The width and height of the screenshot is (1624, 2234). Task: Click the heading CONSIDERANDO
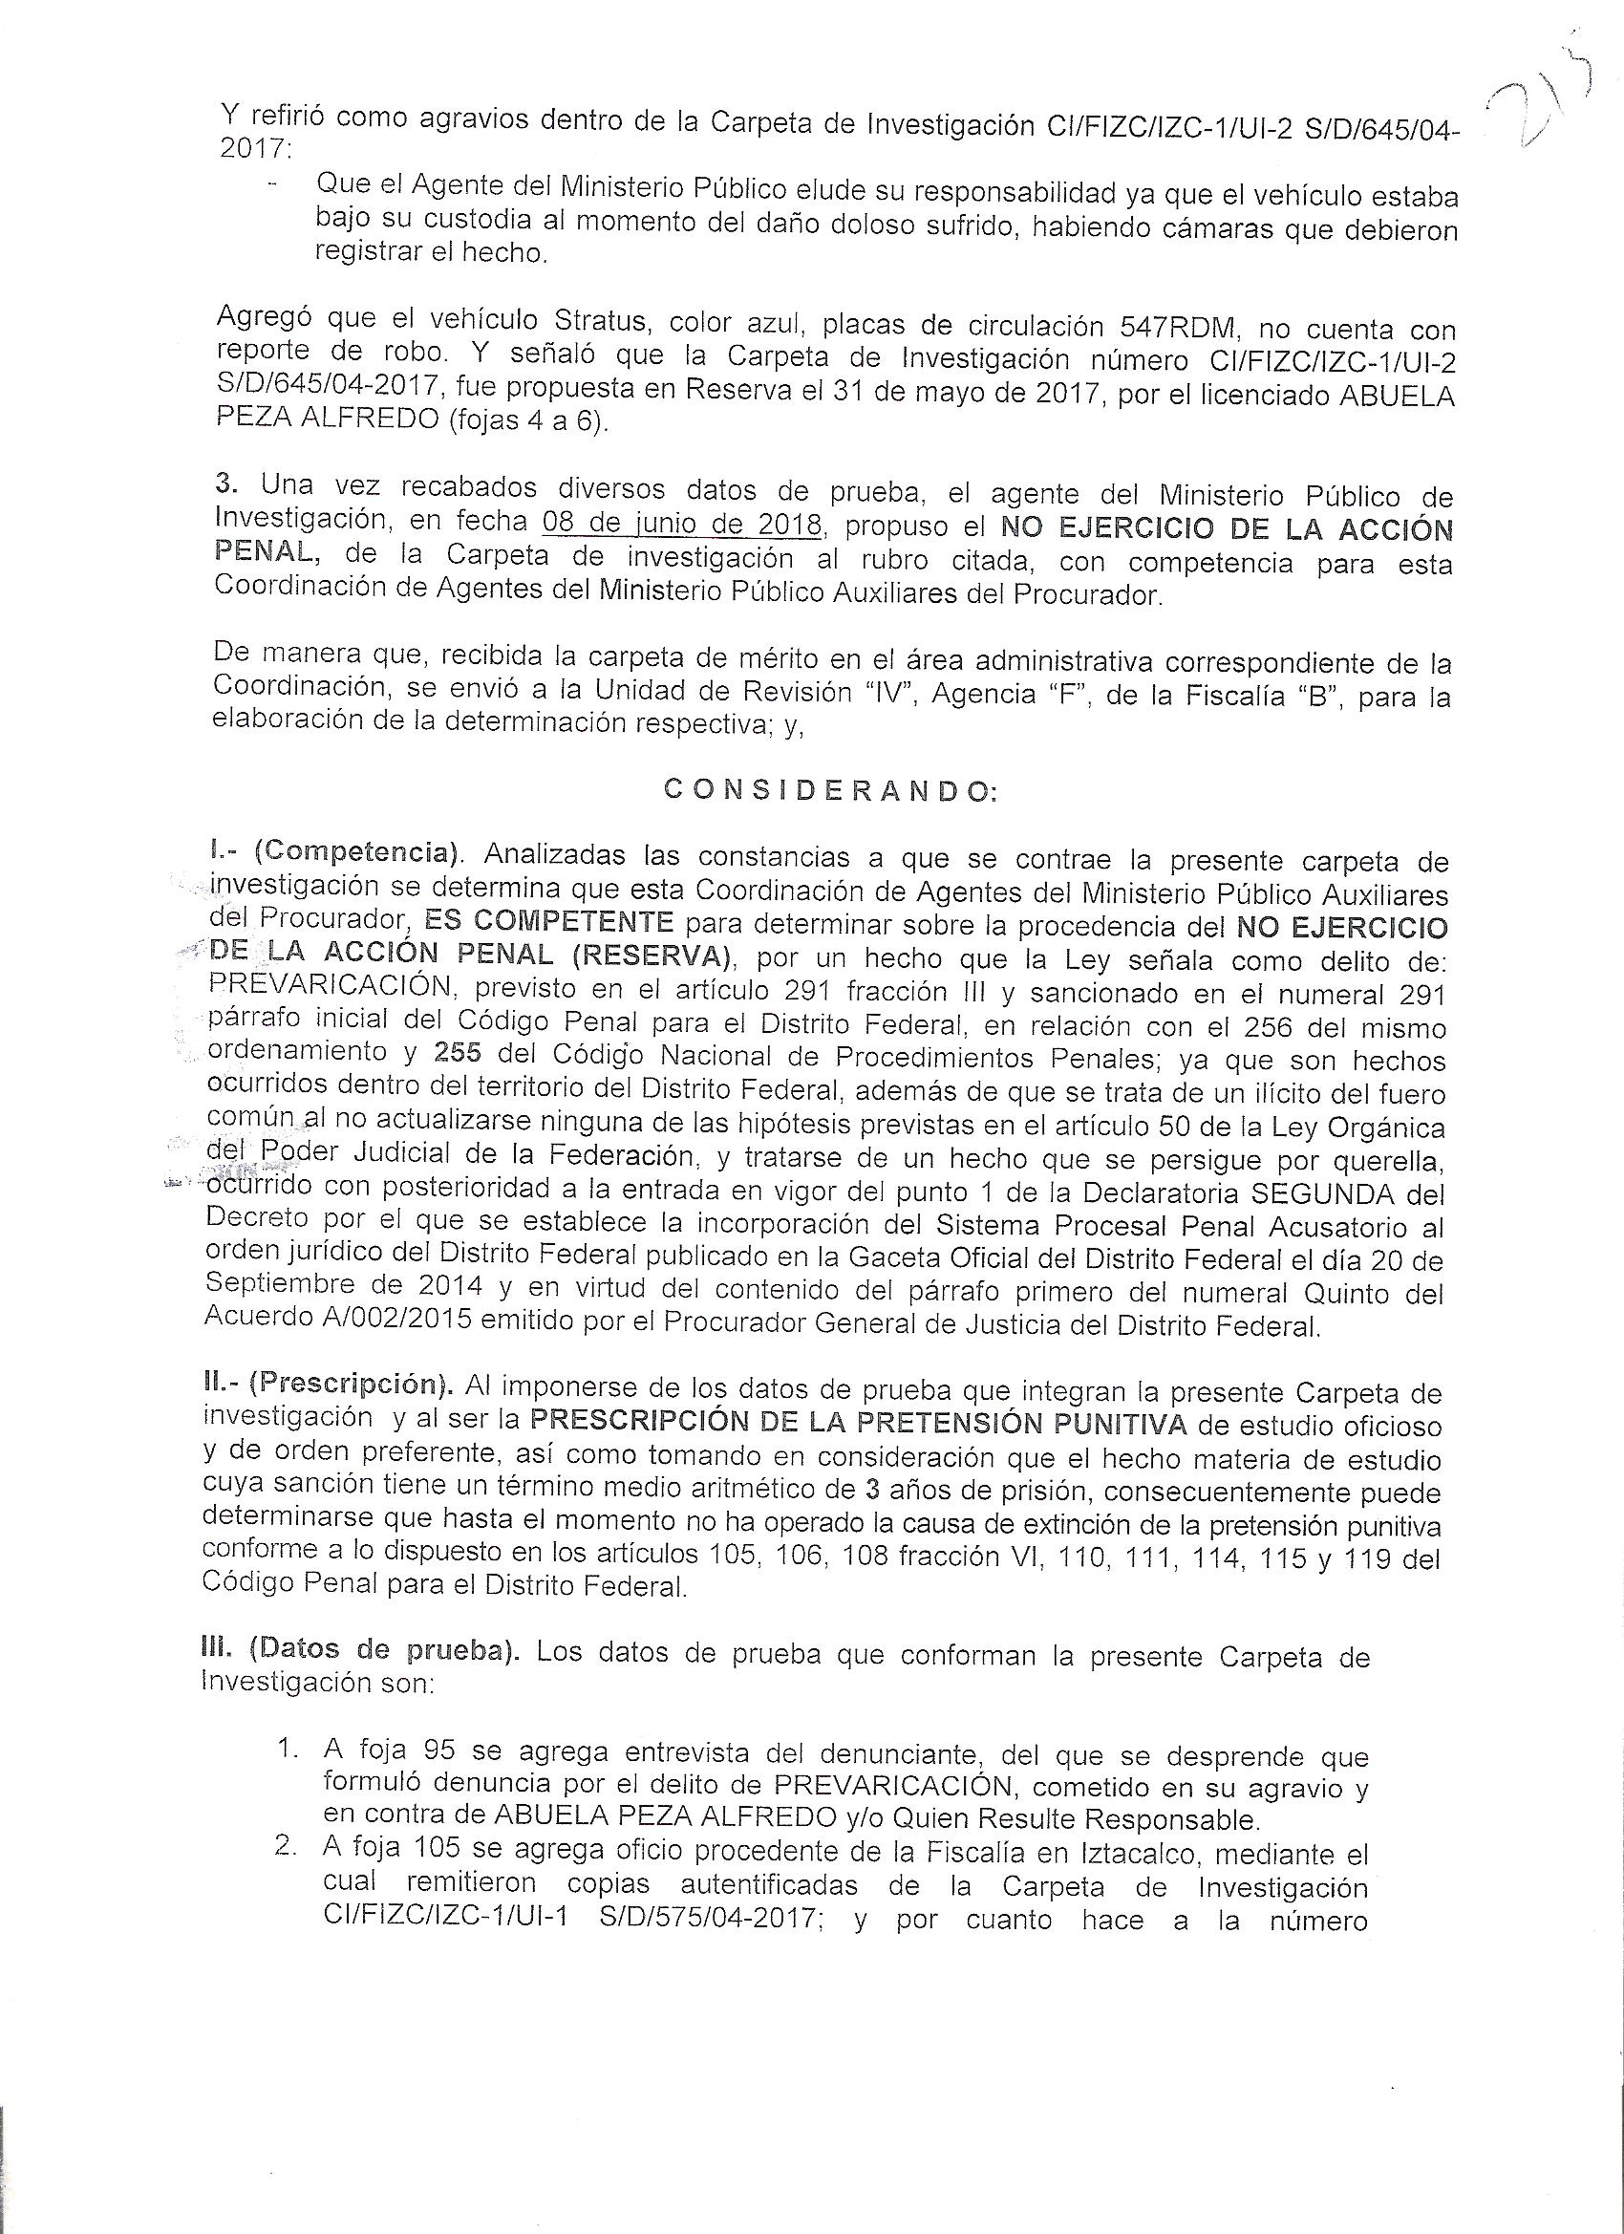click(x=831, y=791)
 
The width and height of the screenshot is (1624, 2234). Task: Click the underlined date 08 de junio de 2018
click(x=682, y=525)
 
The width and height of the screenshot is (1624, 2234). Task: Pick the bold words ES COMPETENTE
click(x=548, y=923)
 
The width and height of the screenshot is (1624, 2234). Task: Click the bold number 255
click(x=458, y=1054)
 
